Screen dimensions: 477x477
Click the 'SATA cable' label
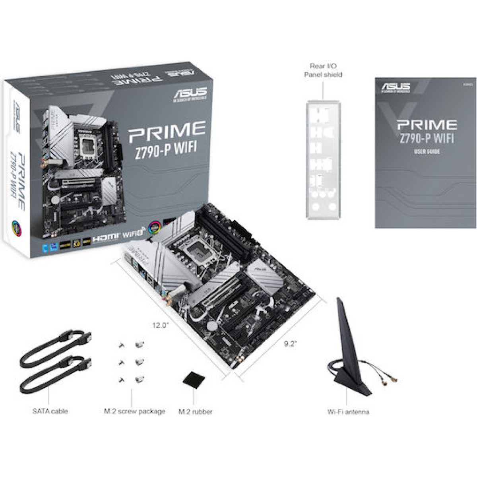[50, 411]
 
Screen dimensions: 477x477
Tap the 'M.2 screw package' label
[134, 411]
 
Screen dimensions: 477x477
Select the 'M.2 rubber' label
[196, 412]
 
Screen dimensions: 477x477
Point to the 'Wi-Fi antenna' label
[348, 412]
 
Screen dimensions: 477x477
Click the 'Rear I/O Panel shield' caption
[323, 70]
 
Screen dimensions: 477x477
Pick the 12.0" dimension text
[161, 325]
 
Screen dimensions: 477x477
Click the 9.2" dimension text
[291, 344]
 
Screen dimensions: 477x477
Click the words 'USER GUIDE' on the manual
[427, 152]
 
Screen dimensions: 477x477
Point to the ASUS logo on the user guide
[396, 87]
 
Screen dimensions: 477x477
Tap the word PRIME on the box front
[166, 132]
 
